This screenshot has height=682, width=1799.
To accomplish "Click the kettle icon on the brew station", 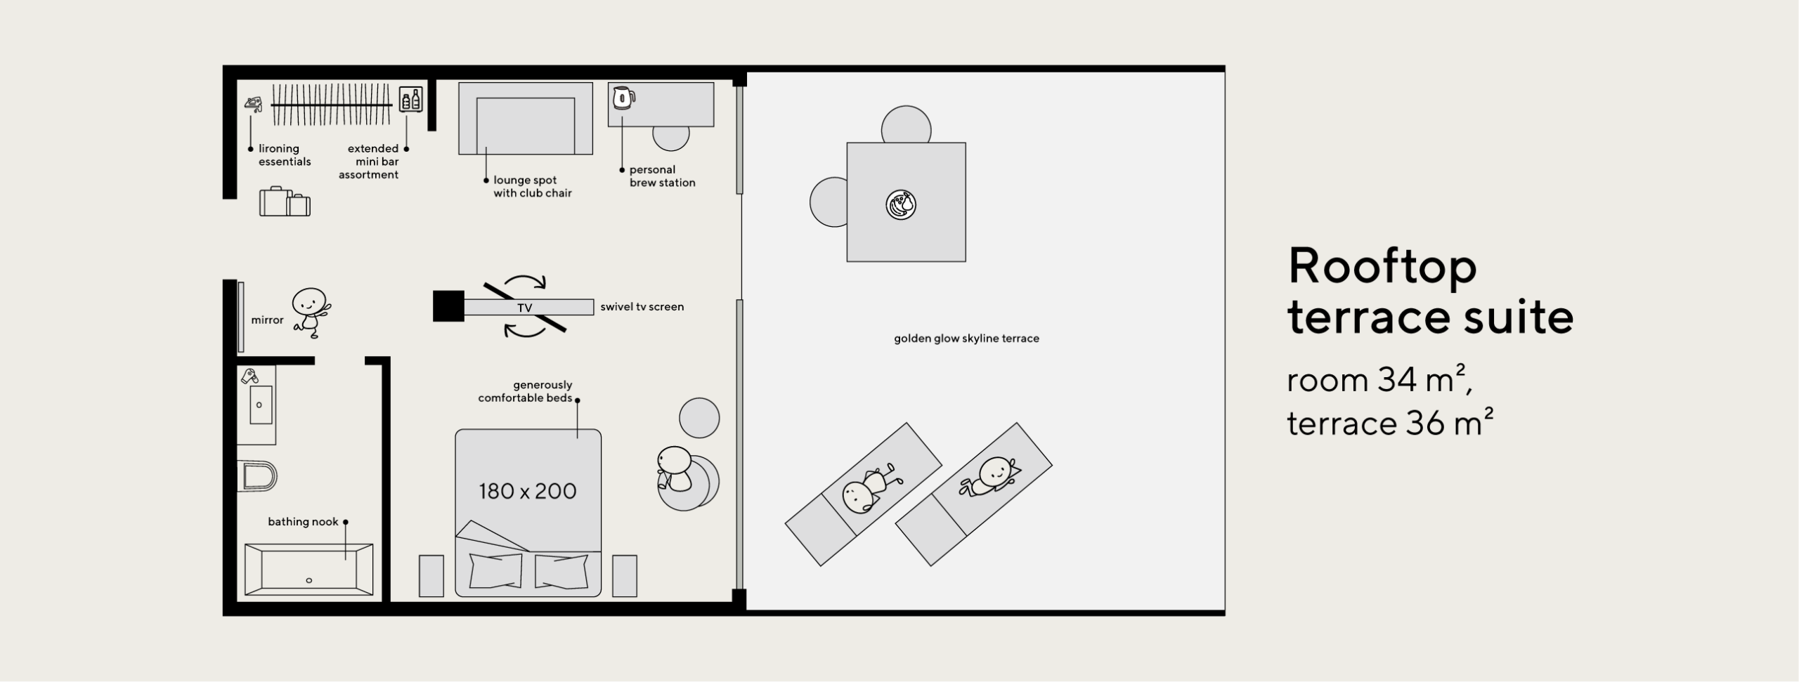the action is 623,98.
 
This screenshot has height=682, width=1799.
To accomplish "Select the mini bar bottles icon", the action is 411,99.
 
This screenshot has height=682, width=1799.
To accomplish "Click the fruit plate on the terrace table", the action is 901,205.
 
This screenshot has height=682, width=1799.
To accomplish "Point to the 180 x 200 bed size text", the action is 528,491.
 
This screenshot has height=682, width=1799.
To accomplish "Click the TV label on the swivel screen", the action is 525,308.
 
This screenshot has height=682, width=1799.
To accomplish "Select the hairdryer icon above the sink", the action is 249,376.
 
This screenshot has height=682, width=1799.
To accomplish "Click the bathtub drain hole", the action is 309,580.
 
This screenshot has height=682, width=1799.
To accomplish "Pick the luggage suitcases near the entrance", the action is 285,202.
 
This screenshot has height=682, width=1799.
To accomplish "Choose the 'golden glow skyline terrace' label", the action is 966,339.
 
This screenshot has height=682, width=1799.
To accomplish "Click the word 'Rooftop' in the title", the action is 1383,266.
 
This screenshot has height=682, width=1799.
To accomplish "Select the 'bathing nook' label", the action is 303,522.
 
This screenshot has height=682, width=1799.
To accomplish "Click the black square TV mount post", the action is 448,306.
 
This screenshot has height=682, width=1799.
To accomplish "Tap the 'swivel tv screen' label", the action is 642,307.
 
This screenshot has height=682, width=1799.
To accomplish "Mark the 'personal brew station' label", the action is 662,176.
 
